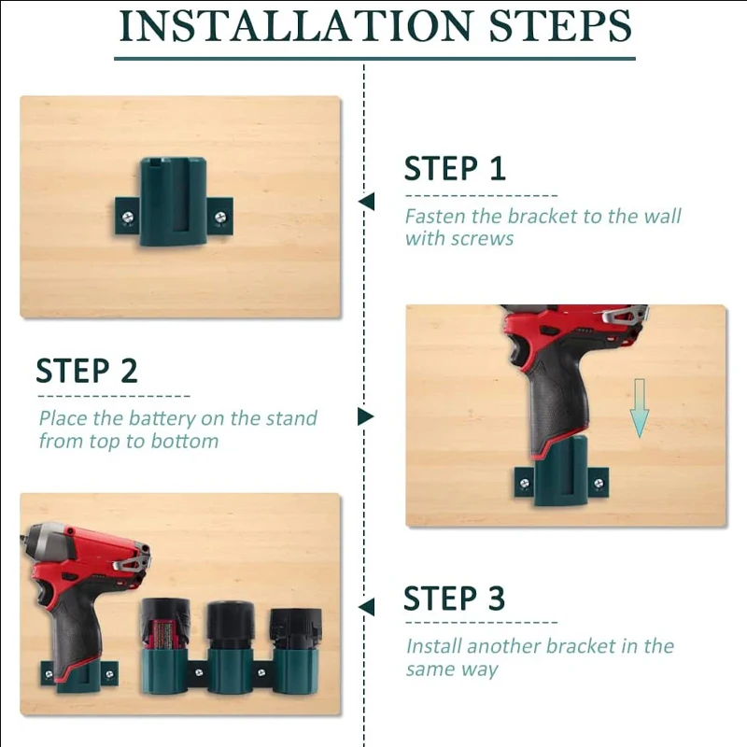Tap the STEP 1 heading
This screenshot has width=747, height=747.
pos(455,169)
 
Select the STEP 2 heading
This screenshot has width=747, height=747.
pos(87,371)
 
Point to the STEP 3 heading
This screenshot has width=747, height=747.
pos(454,598)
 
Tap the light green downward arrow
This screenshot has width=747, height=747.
pos(639,407)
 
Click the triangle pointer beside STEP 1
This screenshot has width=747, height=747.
pos(367,202)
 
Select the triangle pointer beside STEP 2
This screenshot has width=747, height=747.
pos(365,416)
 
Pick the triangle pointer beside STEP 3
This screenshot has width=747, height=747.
pos(367,607)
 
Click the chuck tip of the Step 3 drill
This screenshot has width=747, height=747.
pos(30,540)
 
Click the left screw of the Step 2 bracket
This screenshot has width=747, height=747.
pos(523,482)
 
